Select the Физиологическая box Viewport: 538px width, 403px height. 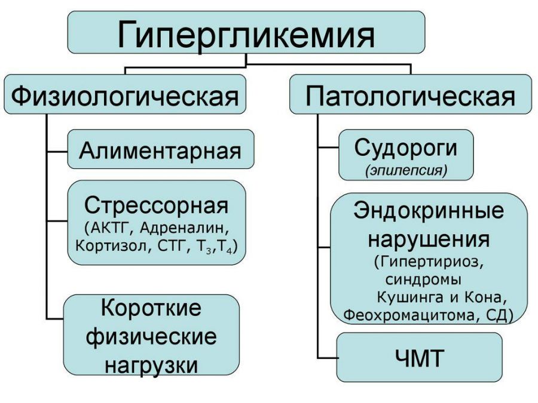[125, 95]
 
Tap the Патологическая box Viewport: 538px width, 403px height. [410, 95]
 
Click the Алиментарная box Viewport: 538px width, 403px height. [160, 150]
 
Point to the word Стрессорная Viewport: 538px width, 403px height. [157, 205]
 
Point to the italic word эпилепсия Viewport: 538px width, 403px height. [406, 171]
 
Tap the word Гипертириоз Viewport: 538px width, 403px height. [433, 263]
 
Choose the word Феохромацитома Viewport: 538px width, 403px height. [406, 315]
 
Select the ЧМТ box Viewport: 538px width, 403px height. [419, 358]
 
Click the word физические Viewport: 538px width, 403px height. [151, 336]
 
